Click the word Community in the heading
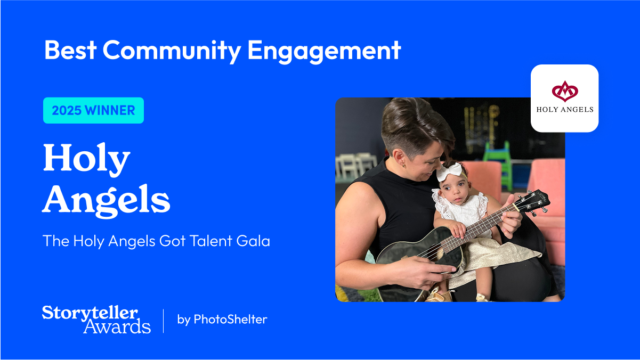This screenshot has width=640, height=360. (x=172, y=50)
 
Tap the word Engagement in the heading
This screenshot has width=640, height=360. (x=324, y=51)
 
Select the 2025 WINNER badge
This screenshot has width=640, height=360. (x=93, y=110)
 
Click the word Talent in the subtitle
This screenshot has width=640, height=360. (x=211, y=241)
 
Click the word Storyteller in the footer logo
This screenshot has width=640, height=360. (x=90, y=313)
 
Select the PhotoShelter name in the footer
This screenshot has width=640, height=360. (x=230, y=319)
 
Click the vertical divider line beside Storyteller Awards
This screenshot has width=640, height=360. (x=164, y=321)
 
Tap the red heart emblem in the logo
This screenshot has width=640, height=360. (x=565, y=92)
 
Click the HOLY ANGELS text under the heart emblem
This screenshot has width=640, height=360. (x=565, y=110)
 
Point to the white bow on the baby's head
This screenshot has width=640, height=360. (x=450, y=171)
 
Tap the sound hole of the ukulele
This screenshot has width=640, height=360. (x=436, y=254)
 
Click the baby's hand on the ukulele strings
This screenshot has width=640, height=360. (x=457, y=229)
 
